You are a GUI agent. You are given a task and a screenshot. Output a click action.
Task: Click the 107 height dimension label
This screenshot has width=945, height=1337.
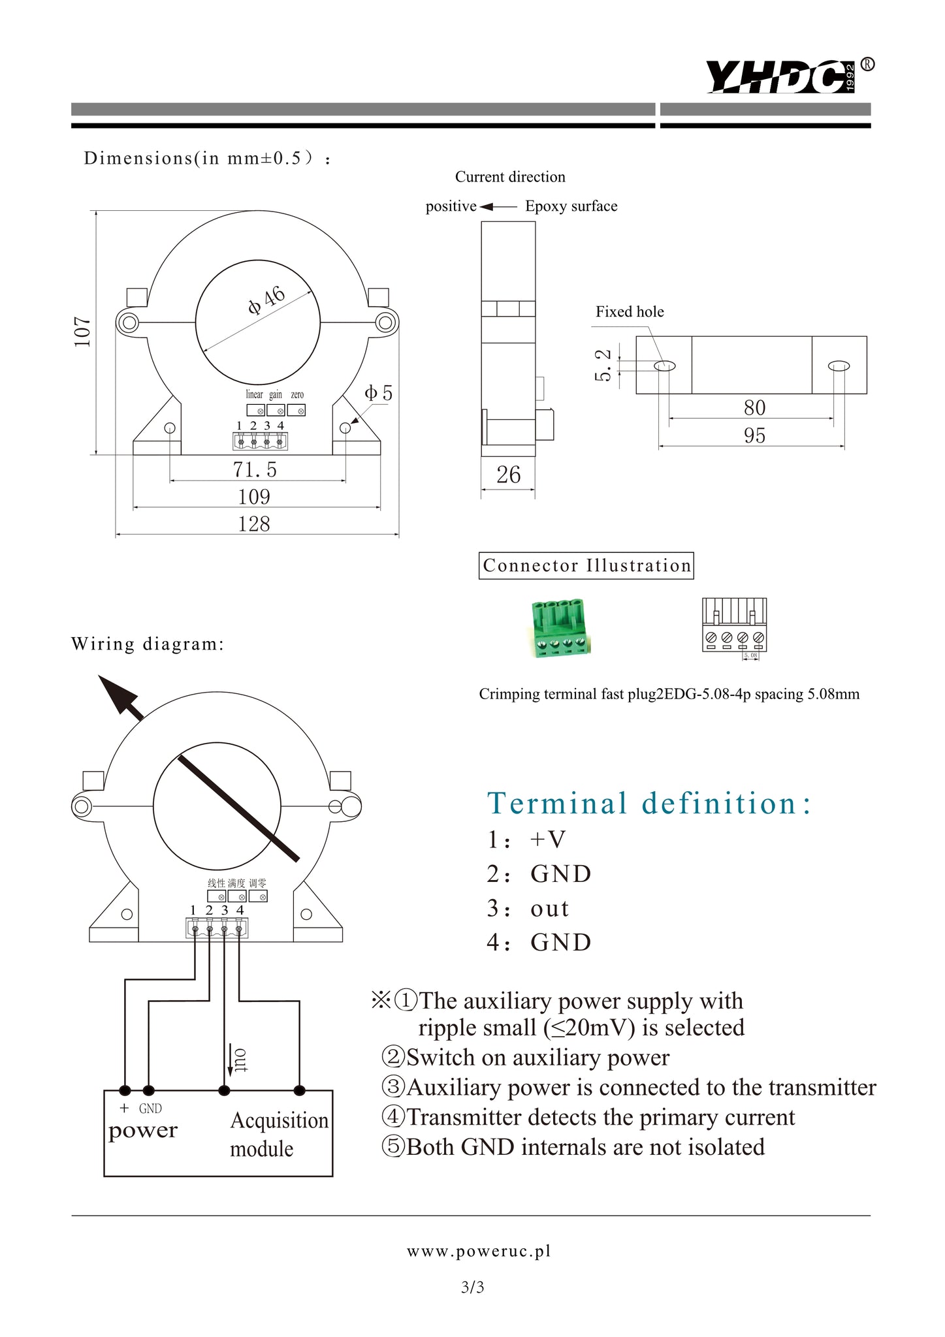[82, 332]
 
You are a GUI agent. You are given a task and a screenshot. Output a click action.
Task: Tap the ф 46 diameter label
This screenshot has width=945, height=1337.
[266, 300]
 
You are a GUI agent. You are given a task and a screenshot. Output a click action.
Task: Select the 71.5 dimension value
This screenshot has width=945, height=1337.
[255, 469]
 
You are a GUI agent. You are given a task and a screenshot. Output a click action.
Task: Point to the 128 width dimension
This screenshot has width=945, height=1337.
[253, 524]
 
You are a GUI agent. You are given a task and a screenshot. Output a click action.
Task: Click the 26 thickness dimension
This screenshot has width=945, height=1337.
[508, 475]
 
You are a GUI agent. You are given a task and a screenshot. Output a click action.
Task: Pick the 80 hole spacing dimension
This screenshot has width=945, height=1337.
[754, 407]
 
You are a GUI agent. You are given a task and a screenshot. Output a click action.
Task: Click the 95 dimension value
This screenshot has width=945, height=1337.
[754, 435]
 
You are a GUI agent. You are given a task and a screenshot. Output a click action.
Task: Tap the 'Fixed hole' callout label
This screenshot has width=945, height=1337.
[630, 311]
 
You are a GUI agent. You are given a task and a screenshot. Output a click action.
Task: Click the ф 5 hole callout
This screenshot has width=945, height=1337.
[379, 393]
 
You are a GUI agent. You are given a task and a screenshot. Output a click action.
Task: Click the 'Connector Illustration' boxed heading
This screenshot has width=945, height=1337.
[586, 565]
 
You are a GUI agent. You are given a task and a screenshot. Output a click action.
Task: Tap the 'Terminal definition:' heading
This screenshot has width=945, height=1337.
[649, 803]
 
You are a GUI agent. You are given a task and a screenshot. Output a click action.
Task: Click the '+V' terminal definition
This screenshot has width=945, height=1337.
[547, 839]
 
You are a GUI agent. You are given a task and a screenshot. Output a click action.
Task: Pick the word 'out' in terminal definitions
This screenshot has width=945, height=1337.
[549, 908]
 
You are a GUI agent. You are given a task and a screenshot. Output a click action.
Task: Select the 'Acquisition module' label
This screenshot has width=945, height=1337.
[279, 1135]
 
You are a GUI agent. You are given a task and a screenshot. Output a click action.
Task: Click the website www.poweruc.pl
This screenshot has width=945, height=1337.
[479, 1251]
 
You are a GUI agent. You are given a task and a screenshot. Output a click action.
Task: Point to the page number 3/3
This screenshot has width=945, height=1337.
[472, 1287]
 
